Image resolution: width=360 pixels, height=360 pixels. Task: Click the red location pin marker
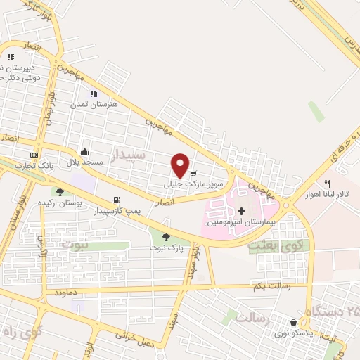pos(181,165)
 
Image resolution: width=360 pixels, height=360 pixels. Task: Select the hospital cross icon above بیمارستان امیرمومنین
pos(241,210)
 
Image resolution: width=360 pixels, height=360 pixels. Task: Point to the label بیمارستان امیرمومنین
pos(239,222)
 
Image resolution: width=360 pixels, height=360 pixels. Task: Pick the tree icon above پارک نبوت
pos(166,237)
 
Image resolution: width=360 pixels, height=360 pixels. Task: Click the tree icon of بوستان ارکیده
pos(60,191)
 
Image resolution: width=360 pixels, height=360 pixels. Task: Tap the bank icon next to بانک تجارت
pos(33,155)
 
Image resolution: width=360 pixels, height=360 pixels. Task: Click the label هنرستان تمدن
pos(92,104)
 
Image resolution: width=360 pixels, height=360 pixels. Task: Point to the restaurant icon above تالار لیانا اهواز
pos(327,184)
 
